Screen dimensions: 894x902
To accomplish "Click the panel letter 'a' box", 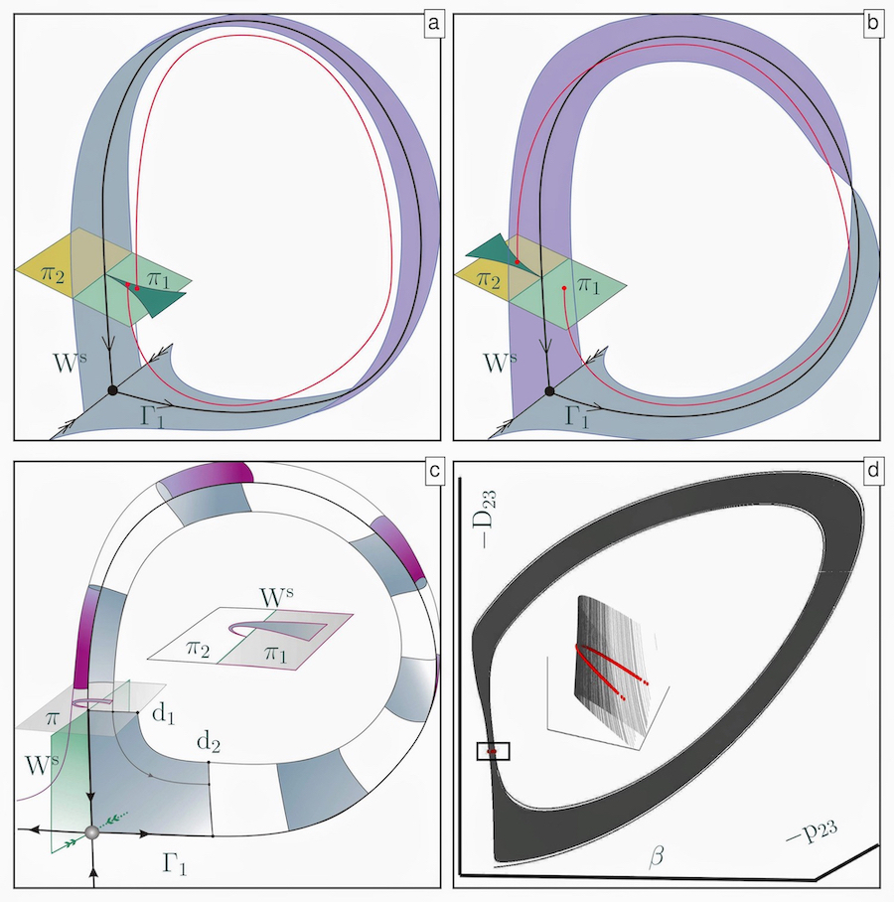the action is [434, 24].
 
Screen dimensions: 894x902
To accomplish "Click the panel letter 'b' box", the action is [873, 24].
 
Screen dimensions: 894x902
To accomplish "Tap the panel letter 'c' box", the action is [434, 471].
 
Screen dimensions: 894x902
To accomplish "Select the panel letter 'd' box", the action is [873, 471].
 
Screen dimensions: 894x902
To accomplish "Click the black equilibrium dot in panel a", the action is [113, 390].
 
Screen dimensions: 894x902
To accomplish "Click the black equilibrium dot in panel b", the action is [549, 391].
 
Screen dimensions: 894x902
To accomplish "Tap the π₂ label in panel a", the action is [52, 274].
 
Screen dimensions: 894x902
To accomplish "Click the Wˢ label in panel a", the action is [71, 363].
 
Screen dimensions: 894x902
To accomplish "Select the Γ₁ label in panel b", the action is [577, 415].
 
